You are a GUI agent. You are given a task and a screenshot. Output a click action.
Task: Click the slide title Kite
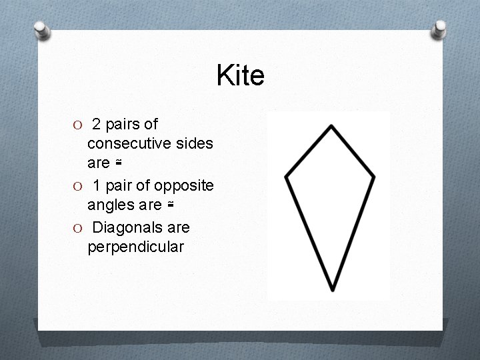coord(240,76)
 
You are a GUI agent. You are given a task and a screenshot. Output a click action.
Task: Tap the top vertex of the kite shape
coord(331,125)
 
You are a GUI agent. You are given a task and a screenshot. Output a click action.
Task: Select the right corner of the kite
coord(374,177)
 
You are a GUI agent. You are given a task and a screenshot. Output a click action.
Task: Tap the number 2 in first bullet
coord(97,124)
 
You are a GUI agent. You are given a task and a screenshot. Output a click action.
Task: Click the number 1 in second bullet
coord(97,185)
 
